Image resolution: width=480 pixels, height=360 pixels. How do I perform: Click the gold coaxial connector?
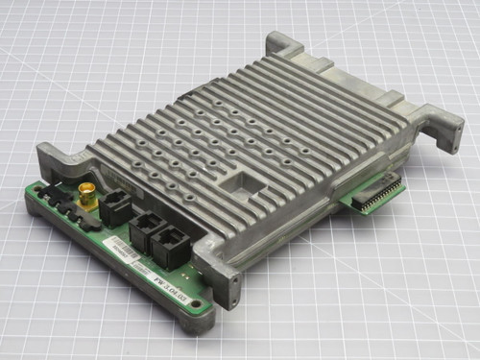87,193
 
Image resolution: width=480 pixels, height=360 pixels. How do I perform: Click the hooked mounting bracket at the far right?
443,131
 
